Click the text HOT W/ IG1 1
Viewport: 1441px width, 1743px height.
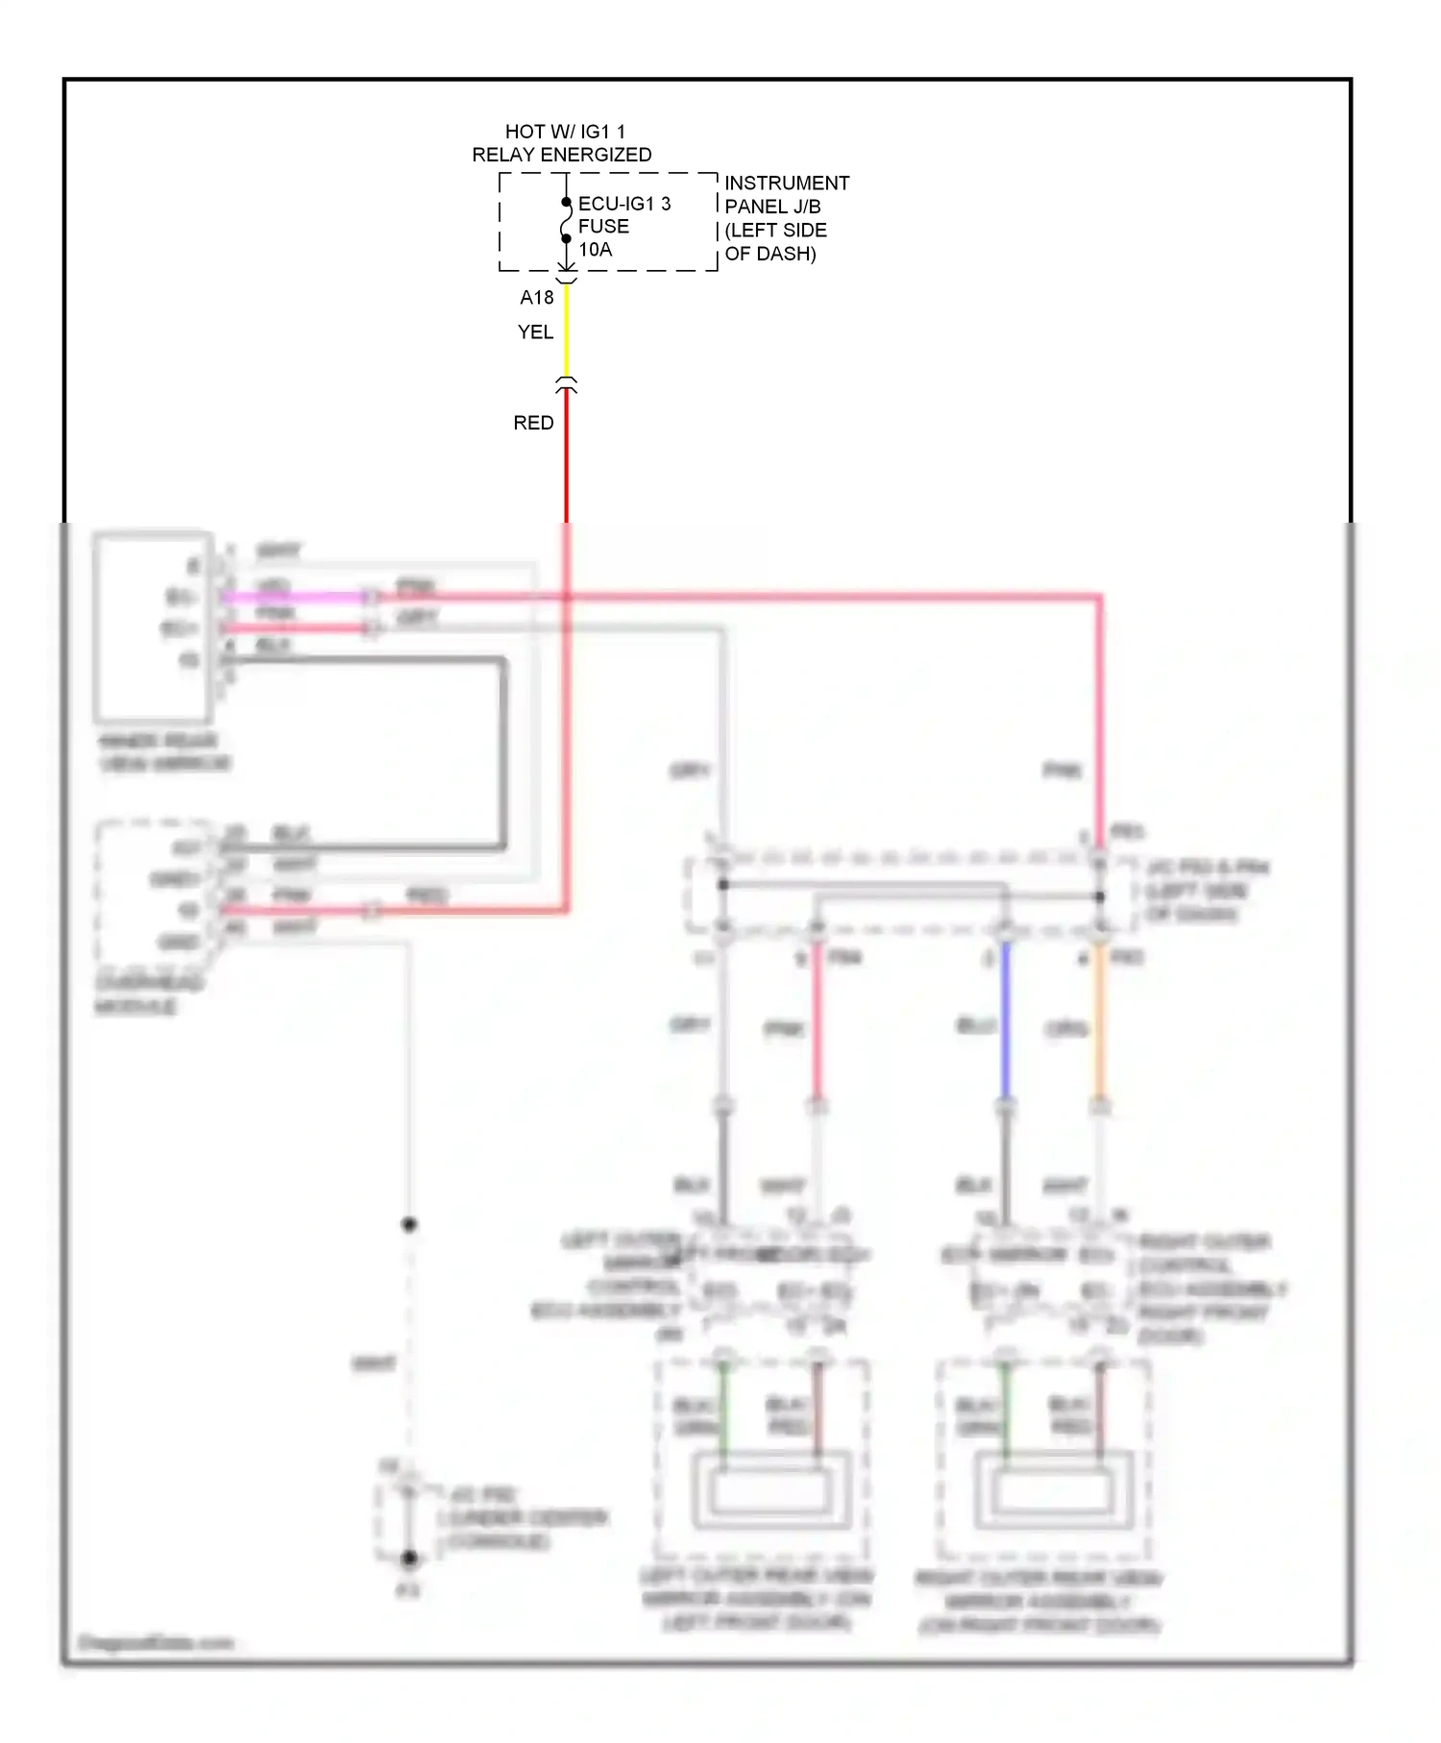[x=565, y=132]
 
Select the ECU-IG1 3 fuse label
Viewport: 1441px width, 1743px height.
[x=623, y=204]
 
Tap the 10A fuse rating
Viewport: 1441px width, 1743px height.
[x=595, y=250]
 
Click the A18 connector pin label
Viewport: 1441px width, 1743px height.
[x=537, y=298]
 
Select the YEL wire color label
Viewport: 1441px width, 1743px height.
[x=535, y=332]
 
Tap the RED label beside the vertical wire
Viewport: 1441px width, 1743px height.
[x=533, y=424]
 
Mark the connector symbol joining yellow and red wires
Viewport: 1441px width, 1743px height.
[x=566, y=385]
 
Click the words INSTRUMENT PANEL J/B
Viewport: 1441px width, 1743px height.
[x=786, y=194]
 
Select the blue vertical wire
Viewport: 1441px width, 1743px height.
[x=1005, y=1022]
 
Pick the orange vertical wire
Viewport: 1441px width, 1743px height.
[x=1100, y=1022]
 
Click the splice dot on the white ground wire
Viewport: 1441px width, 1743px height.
[x=409, y=1224]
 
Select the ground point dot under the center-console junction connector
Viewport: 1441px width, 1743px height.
[x=409, y=1559]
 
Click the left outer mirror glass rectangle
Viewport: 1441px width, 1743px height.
[x=770, y=1490]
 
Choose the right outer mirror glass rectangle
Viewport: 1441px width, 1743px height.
[x=1052, y=1490]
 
